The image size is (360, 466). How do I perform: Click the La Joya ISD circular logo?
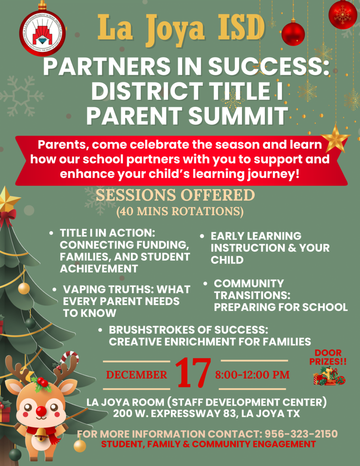(42, 33)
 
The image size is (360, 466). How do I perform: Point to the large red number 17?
(194, 373)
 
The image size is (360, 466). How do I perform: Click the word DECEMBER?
(137, 375)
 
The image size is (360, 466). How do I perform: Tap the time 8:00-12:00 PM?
(252, 375)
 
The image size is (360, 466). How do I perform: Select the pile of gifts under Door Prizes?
(329, 376)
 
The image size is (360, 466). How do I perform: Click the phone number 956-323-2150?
(301, 433)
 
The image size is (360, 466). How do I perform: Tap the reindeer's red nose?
(41, 411)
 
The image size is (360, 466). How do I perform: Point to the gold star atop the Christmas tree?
(8, 200)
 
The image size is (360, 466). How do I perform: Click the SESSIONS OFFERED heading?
(175, 195)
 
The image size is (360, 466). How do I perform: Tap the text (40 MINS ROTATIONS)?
(180, 212)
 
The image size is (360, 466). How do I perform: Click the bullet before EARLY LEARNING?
(202, 237)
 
